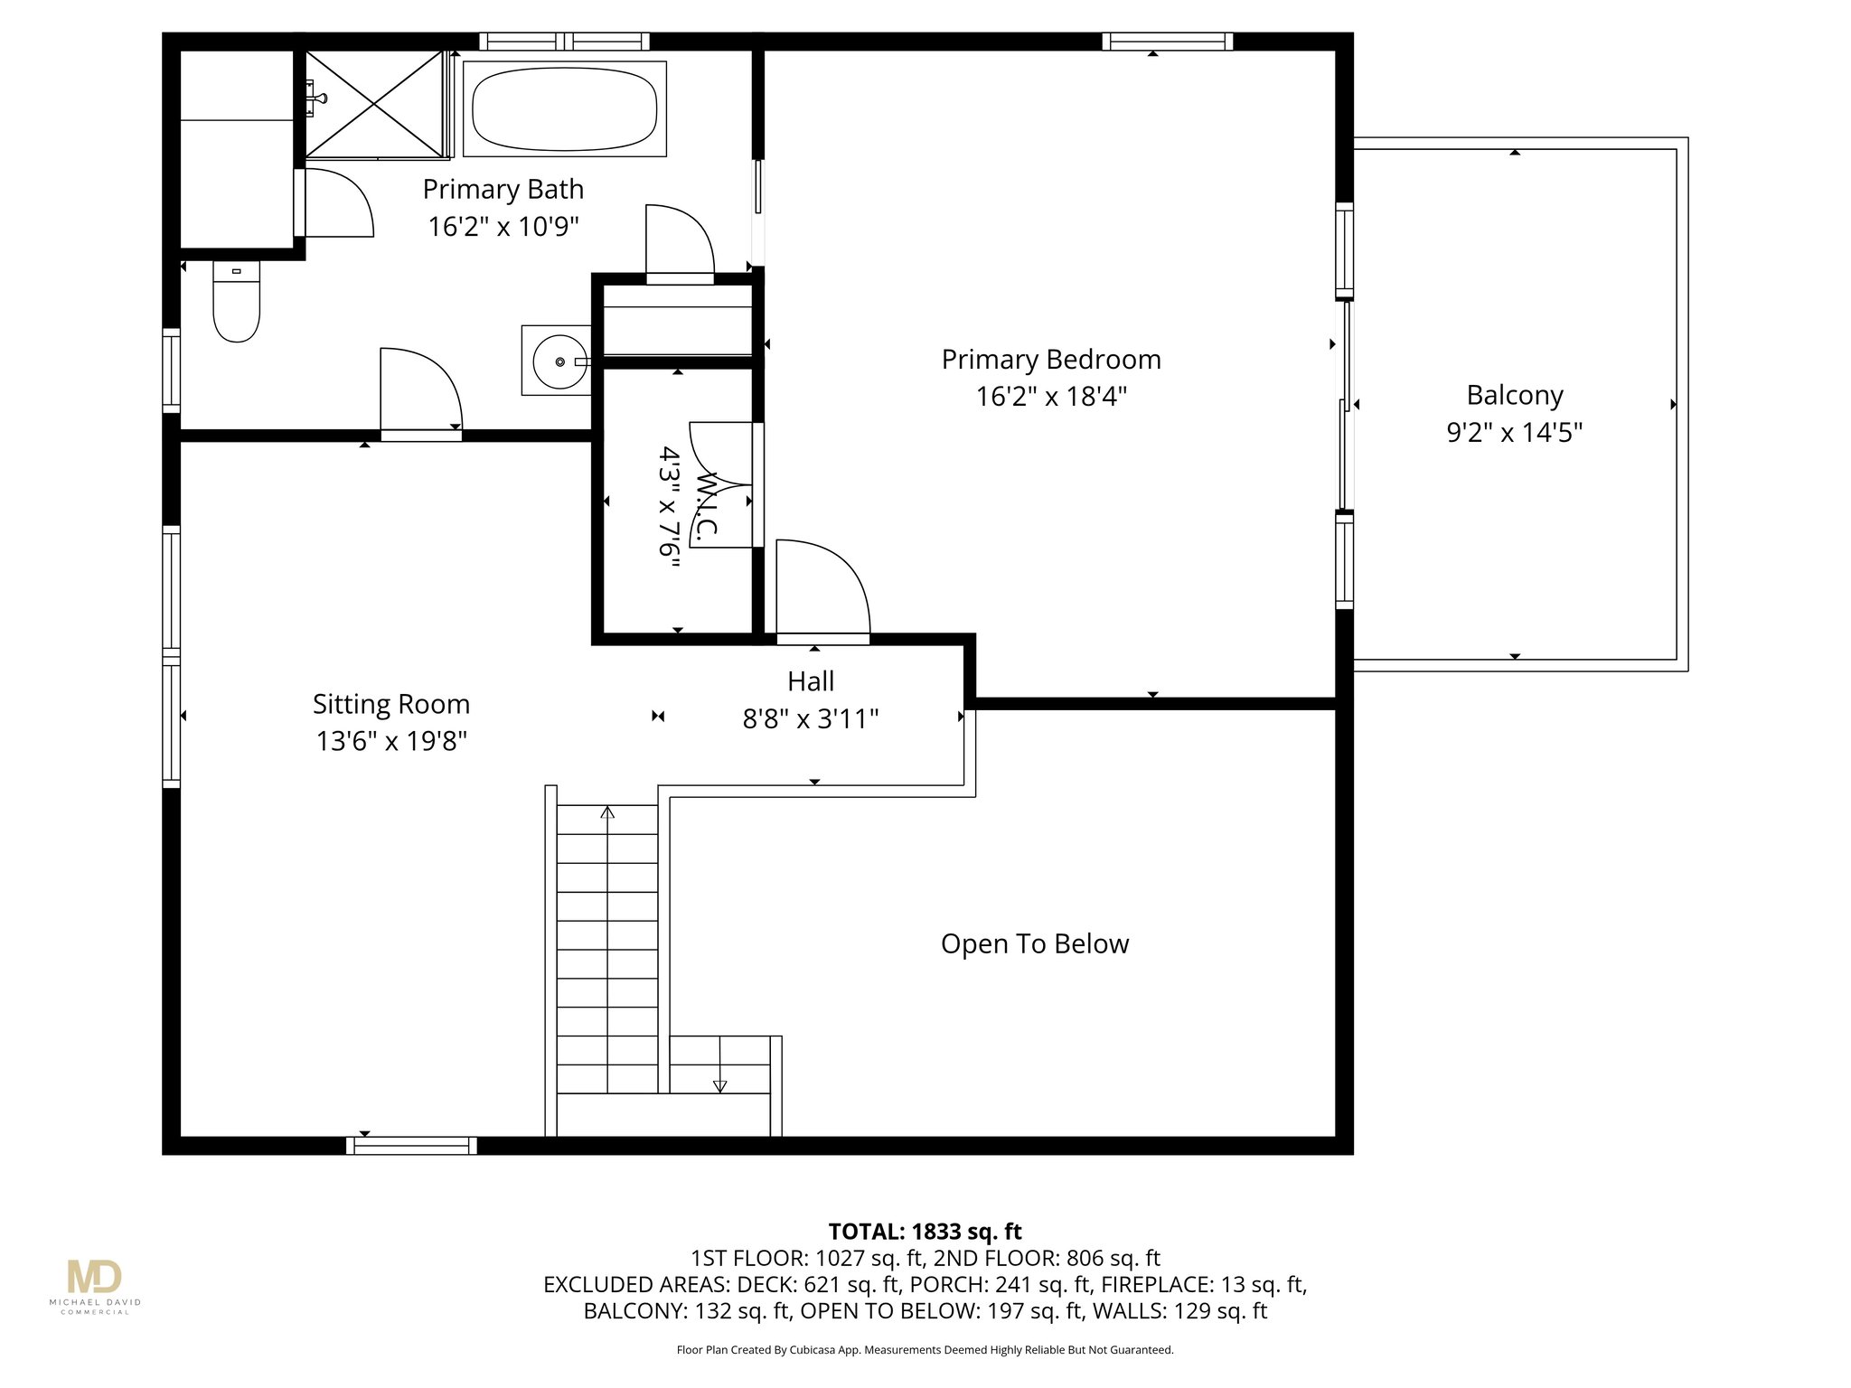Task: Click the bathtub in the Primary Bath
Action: click(565, 109)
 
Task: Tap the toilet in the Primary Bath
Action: click(236, 304)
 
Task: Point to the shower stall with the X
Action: click(375, 105)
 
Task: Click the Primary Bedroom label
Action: click(1050, 360)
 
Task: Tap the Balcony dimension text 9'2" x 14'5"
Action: click(1514, 433)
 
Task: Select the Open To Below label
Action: click(1034, 944)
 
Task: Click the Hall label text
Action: click(810, 681)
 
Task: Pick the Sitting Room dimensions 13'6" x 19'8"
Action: click(390, 742)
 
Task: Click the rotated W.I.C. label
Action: click(707, 506)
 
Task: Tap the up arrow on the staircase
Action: click(607, 813)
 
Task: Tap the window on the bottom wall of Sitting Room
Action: click(411, 1146)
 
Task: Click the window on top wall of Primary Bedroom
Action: click(1167, 41)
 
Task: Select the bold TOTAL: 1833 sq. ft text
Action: click(925, 1232)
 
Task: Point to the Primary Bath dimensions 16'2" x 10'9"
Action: click(503, 227)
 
